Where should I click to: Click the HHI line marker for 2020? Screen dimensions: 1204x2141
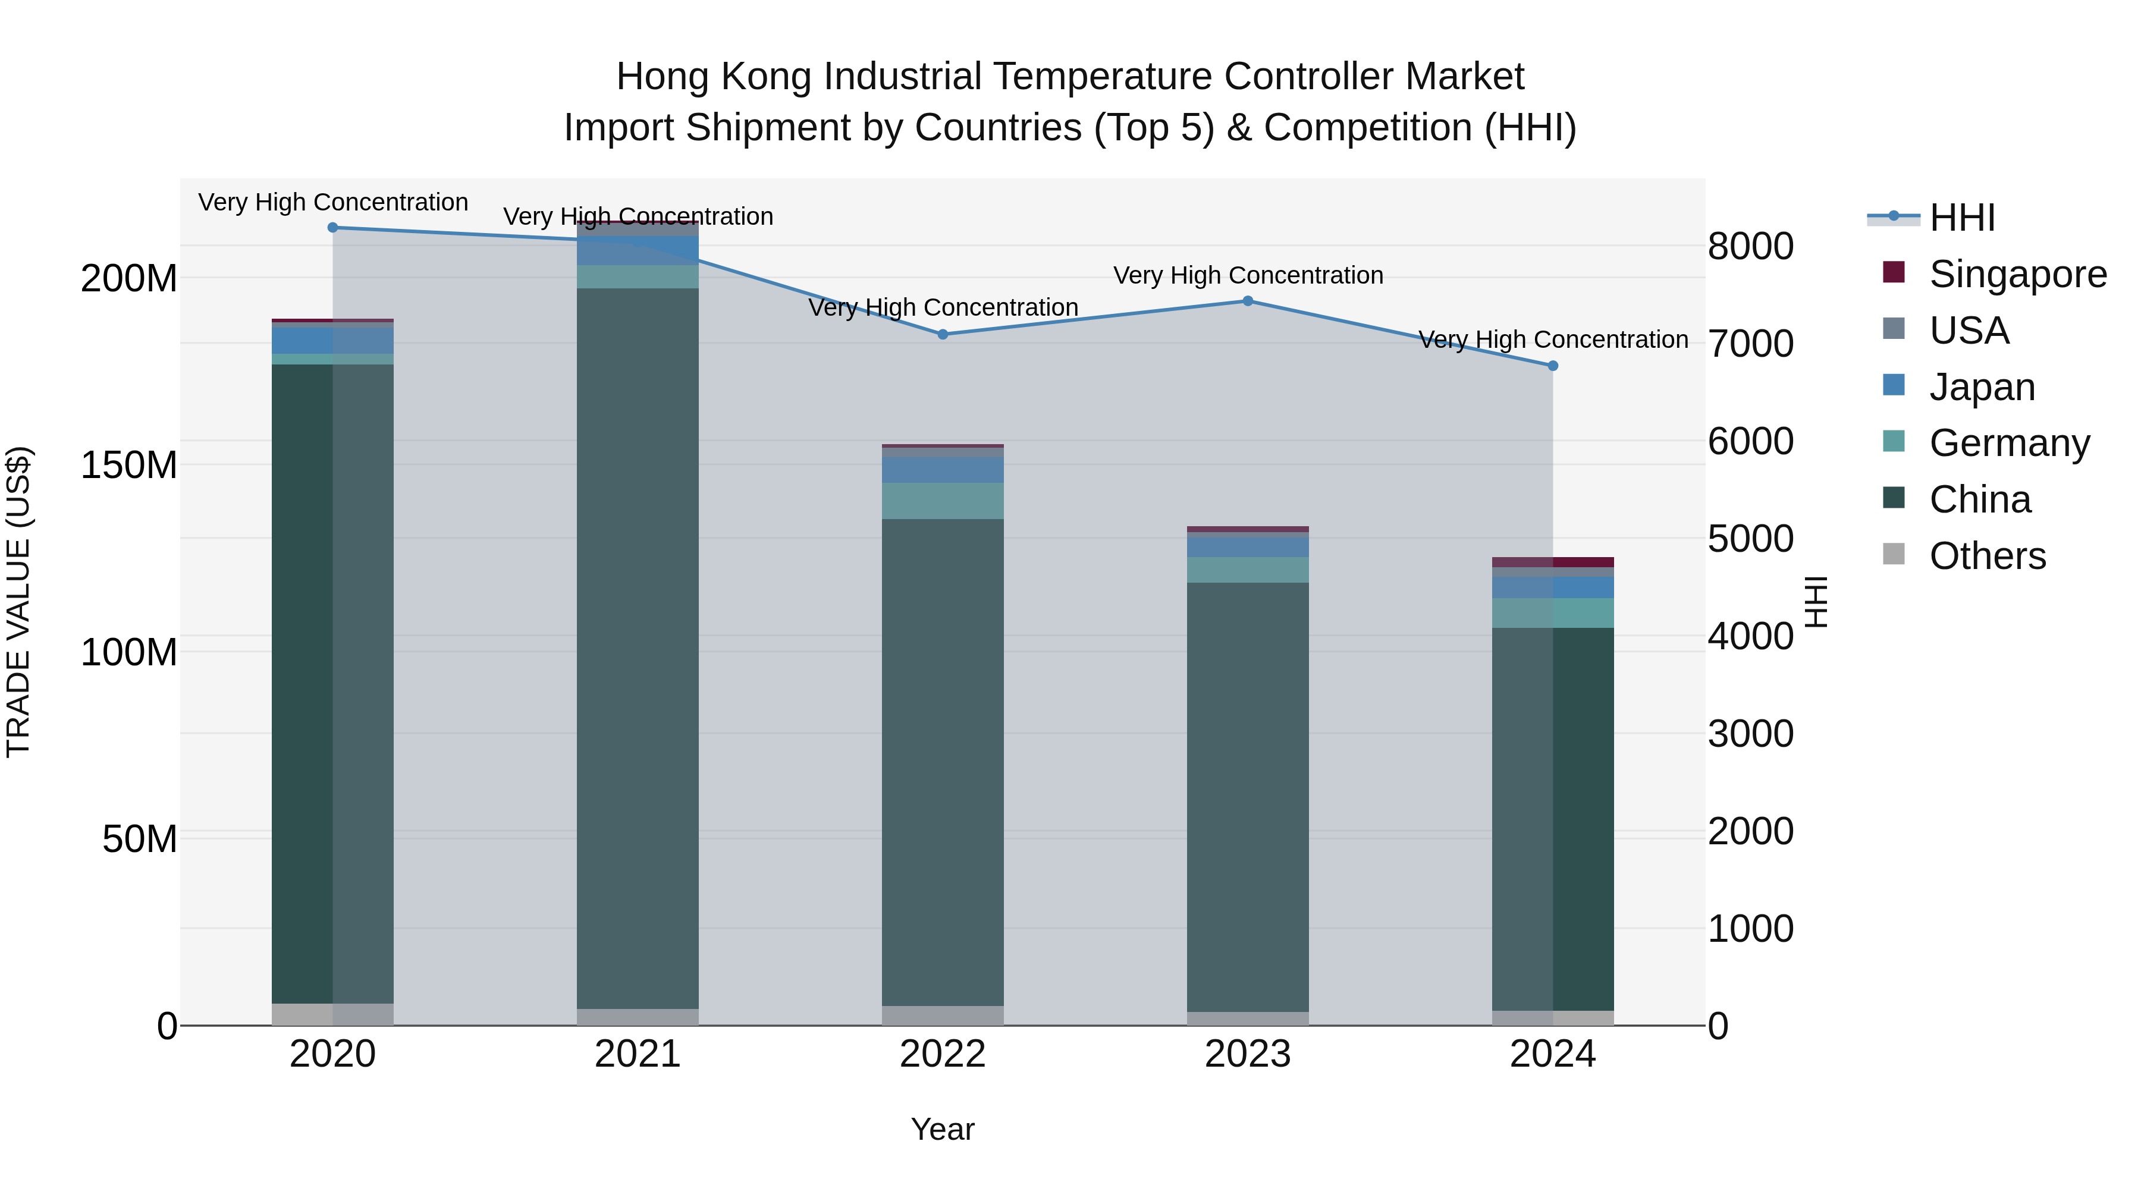coord(332,227)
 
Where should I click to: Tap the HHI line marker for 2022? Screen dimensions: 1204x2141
coord(943,334)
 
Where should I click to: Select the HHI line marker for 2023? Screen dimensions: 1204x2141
coord(1248,301)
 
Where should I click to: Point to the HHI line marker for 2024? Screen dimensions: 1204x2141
coord(1553,366)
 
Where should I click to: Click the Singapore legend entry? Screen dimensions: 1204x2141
coord(2017,274)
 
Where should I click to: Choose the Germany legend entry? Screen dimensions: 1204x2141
coord(2009,443)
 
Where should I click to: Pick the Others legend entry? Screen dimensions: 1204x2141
coord(1987,556)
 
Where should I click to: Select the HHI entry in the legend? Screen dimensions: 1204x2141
coord(1961,218)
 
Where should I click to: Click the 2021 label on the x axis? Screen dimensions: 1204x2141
coord(638,1054)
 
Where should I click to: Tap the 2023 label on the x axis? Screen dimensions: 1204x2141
coord(1248,1054)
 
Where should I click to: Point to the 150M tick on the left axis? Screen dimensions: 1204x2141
coord(129,464)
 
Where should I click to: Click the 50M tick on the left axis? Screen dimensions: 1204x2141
coord(140,839)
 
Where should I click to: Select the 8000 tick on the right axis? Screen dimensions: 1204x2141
coord(1750,246)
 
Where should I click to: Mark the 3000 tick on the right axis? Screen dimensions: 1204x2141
coord(1750,734)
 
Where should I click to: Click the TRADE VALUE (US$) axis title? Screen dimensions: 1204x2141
coord(18,602)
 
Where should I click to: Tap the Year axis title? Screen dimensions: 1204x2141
coord(943,1129)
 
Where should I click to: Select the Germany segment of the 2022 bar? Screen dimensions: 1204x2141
coord(943,501)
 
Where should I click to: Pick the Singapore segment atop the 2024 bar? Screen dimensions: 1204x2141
coord(1553,562)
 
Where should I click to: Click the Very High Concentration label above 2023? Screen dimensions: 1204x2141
coord(1248,275)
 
